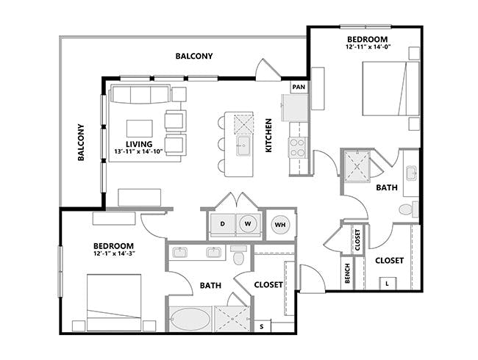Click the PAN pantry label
tap(298, 87)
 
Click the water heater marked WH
tap(280, 225)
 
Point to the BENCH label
tap(347, 271)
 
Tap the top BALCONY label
tap(194, 56)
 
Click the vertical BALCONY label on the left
tap(82, 142)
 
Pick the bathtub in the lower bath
tap(190, 320)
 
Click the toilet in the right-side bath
tap(407, 210)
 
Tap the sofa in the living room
tap(139, 95)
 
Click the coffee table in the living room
tap(140, 126)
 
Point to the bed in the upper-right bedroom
tap(389, 89)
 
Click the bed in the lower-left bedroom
tap(114, 300)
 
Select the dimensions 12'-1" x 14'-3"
tap(113, 254)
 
